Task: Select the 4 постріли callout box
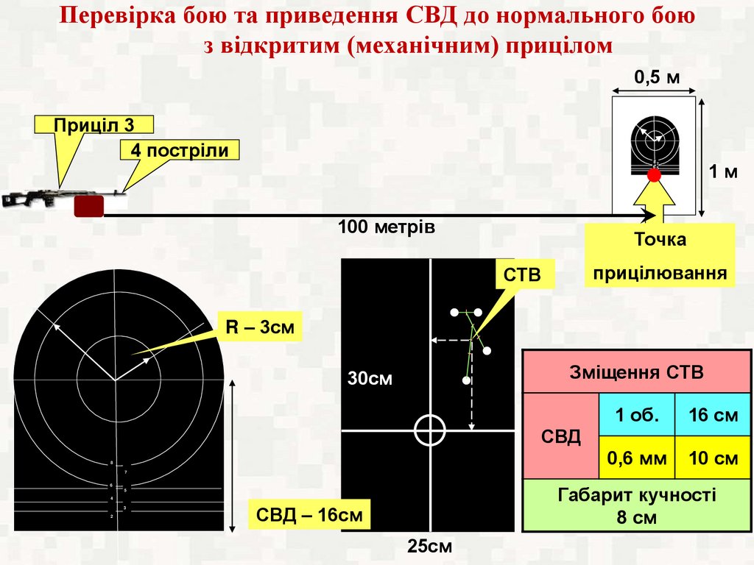pos(180,150)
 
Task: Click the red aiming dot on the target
pos(654,174)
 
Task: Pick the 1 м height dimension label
pos(723,172)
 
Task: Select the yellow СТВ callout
pos(521,275)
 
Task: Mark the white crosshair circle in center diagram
pos(430,430)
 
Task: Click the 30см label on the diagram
pos(370,379)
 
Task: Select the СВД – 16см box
pos(309,514)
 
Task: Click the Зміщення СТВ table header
pos(636,372)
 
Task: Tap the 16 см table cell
pos(712,414)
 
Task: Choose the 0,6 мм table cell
pos(636,458)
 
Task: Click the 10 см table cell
pos(712,458)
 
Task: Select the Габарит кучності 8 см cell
pos(636,505)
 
